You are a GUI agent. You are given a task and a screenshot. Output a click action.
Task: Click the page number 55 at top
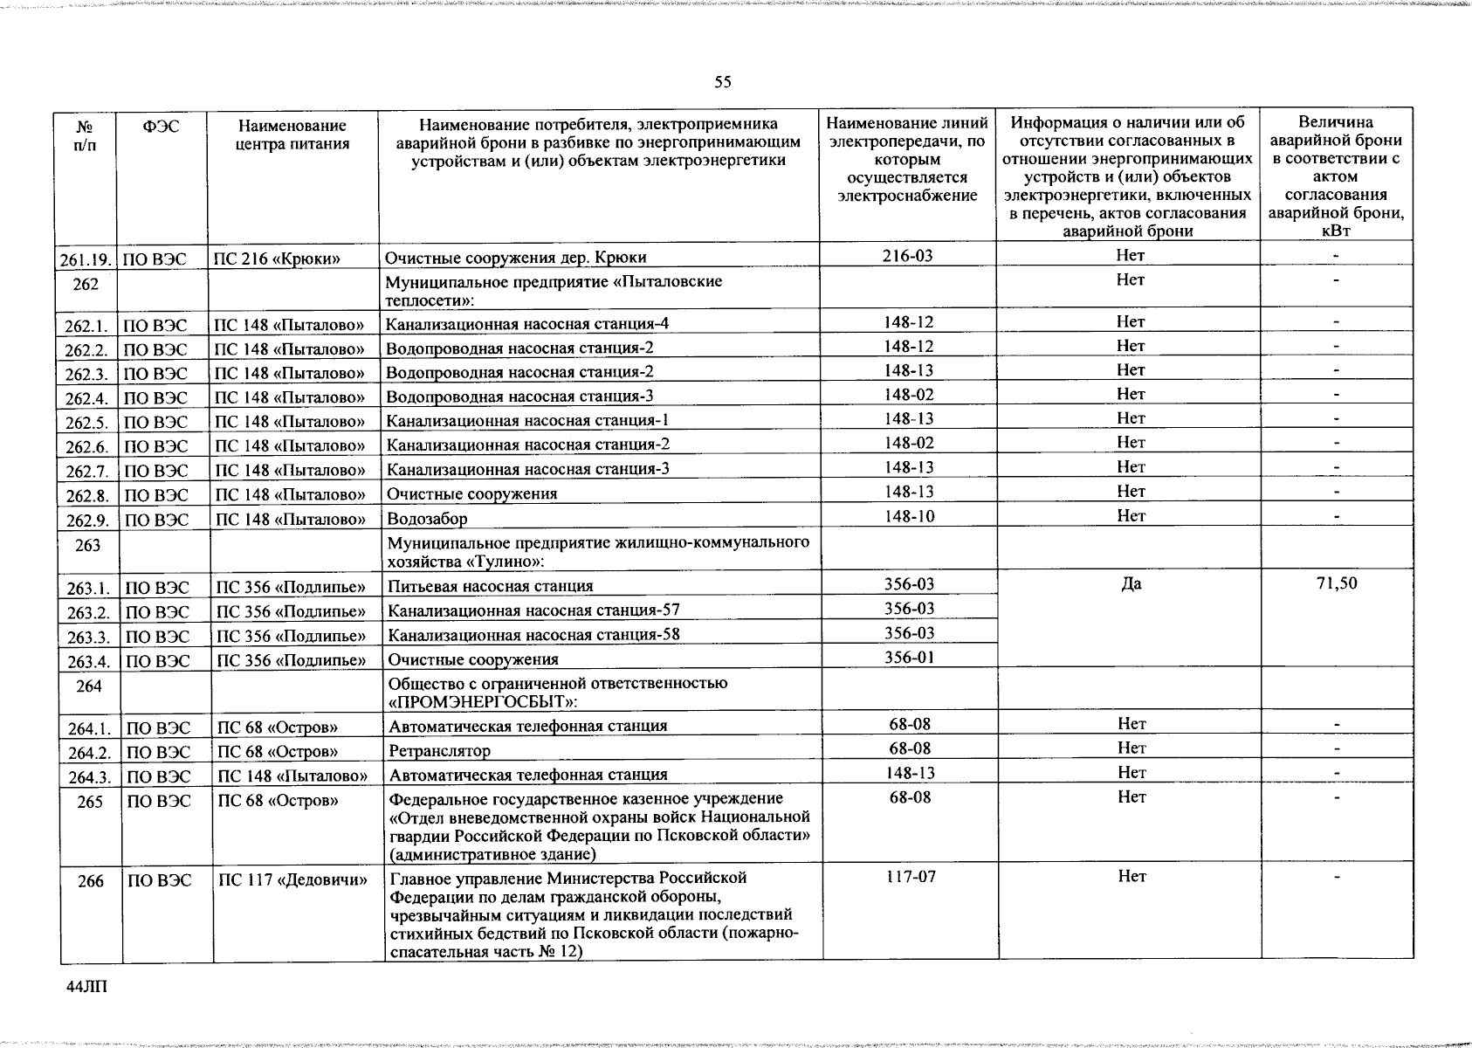722,83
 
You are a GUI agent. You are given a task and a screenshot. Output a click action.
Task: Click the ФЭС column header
161,127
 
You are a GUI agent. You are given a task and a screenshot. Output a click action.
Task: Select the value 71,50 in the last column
1337,583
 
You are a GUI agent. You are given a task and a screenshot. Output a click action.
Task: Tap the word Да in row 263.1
1131,583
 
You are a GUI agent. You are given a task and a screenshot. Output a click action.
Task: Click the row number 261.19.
86,259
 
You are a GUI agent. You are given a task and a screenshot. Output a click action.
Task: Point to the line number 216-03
907,255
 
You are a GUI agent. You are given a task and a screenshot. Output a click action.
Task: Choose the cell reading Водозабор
427,519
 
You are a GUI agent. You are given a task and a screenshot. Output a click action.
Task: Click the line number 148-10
909,516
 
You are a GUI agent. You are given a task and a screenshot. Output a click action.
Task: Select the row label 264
89,686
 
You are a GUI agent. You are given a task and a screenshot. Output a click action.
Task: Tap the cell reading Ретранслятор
439,751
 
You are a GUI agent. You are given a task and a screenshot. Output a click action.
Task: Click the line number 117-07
910,876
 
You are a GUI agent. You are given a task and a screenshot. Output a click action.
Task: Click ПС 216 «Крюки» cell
277,259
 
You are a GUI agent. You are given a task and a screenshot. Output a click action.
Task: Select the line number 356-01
909,657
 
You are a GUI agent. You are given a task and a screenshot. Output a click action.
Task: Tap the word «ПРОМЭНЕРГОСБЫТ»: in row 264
483,702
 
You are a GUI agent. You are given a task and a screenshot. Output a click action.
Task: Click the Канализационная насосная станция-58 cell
533,635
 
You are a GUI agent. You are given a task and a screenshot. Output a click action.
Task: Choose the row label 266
91,881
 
